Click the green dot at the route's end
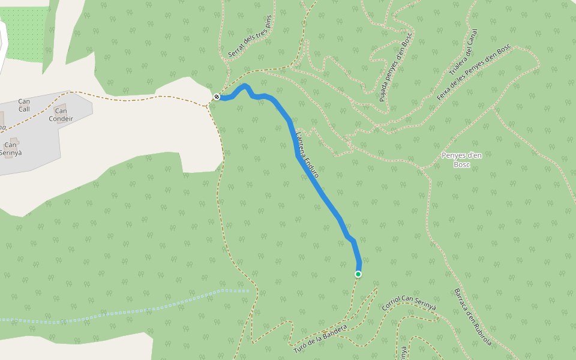[358, 274]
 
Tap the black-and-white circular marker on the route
[217, 97]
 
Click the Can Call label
[24, 105]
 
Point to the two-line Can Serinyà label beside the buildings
[11, 149]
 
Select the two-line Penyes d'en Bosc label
[461, 160]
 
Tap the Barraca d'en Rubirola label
[473, 318]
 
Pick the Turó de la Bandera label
[320, 338]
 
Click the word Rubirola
[482, 333]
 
